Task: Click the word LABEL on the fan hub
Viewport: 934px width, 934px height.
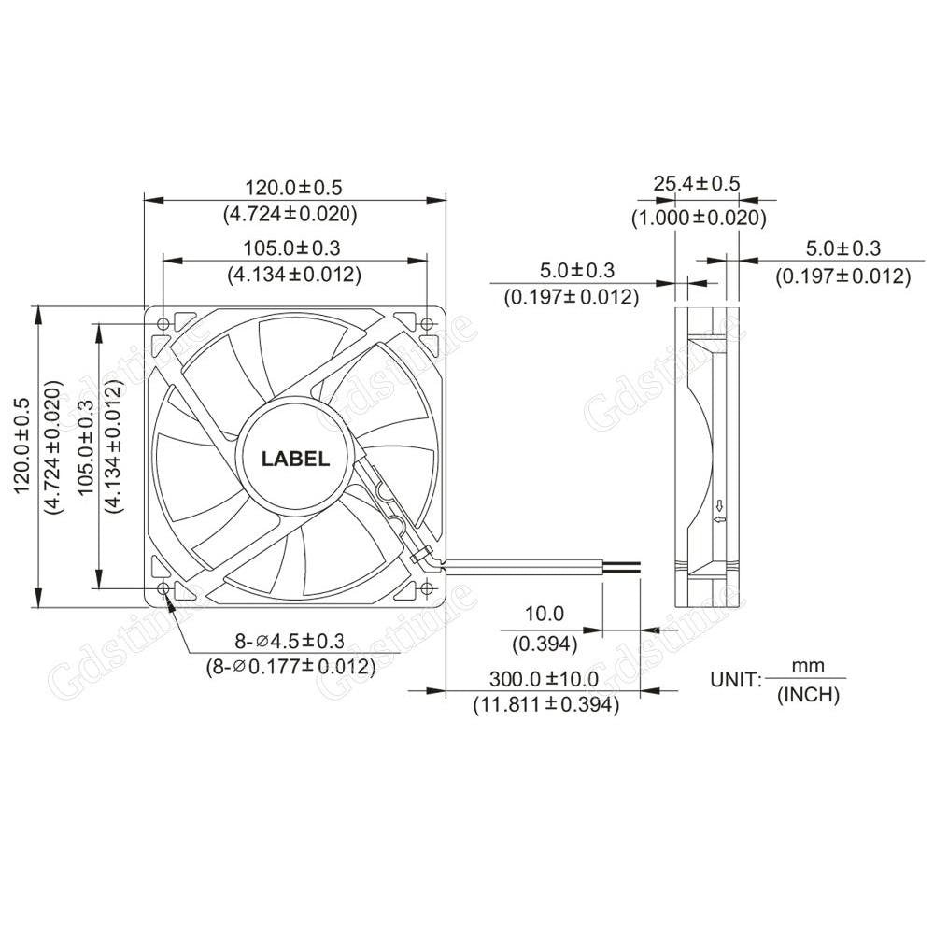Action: coord(295,459)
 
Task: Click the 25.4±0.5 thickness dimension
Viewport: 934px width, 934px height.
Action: coord(697,183)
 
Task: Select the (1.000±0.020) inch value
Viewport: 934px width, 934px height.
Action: coord(698,218)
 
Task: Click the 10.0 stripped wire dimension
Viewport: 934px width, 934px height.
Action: coord(545,614)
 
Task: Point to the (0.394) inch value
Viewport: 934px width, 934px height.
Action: coord(545,644)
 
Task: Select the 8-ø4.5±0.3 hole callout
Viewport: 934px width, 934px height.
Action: coord(289,640)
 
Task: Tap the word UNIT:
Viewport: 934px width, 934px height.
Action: coord(736,679)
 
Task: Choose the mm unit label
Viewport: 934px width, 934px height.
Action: coord(808,666)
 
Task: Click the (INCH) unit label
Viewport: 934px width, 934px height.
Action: coord(808,694)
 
